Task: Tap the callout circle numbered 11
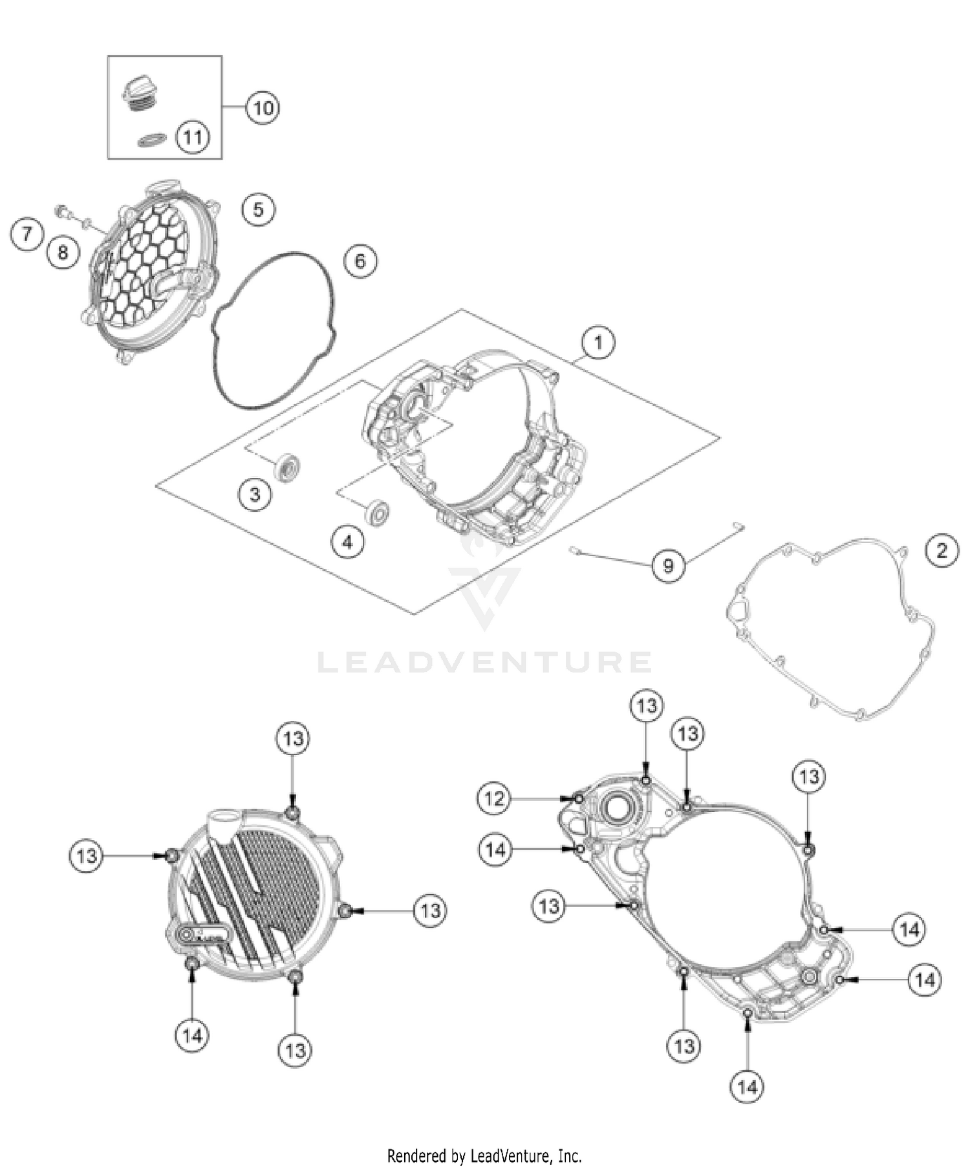(x=193, y=137)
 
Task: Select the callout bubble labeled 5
(x=258, y=209)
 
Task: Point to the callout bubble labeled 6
(x=360, y=261)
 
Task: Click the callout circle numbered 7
(x=27, y=233)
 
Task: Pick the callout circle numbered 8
(x=63, y=252)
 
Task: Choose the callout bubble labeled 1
(x=598, y=342)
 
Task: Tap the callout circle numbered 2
(x=942, y=550)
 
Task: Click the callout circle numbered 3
(x=255, y=494)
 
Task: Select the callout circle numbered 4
(x=348, y=541)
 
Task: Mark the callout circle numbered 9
(x=668, y=566)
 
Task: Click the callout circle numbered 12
(x=494, y=799)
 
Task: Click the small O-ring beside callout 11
(x=153, y=140)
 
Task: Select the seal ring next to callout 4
(x=377, y=513)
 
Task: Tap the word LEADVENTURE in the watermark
(x=484, y=662)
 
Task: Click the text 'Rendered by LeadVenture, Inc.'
(x=484, y=1155)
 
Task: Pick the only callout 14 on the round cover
(x=192, y=1036)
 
